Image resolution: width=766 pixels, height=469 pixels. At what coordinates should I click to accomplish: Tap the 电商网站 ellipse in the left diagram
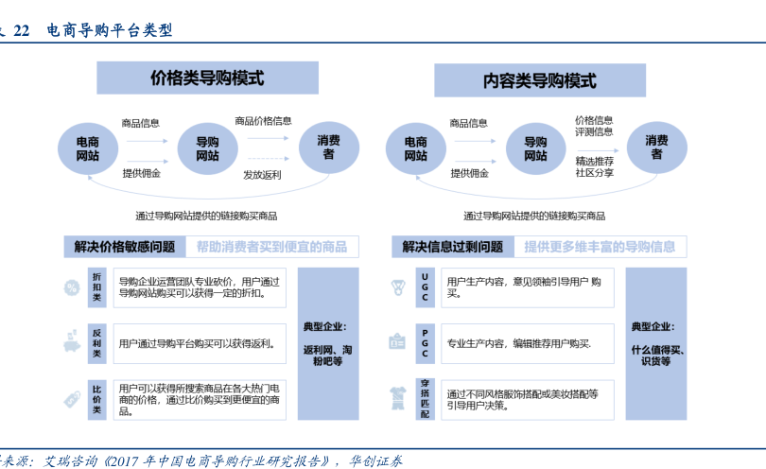coord(88,148)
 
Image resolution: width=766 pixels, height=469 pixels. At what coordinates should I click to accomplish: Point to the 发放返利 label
coord(262,175)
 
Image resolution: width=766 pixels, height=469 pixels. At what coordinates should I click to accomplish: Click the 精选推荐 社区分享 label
coord(594,167)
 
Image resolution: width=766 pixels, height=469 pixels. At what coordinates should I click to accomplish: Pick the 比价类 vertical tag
coord(96,398)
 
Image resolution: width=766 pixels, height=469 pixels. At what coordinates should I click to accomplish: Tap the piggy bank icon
coord(71,340)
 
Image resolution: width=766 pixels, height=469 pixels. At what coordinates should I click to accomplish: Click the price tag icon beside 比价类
coord(71,398)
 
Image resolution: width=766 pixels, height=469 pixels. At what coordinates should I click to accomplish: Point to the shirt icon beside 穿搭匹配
coord(398,396)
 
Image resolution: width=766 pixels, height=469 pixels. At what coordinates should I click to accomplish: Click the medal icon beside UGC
coord(398,286)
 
